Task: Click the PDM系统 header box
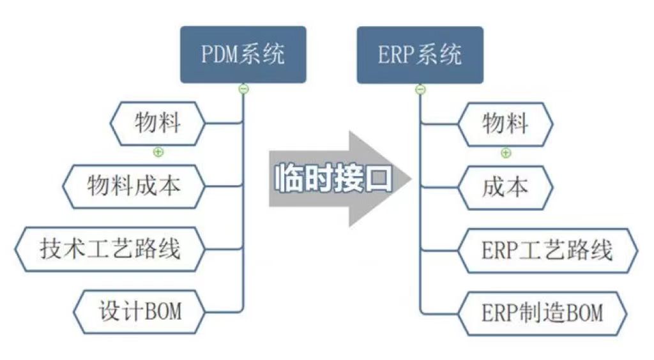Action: coord(243,54)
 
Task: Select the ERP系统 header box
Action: coord(420,54)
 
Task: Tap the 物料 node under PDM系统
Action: coord(158,123)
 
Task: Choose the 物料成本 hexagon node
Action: coord(134,186)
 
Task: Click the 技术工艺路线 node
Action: coord(110,248)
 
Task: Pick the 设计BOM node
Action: coord(140,311)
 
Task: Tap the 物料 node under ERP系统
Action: coord(505,123)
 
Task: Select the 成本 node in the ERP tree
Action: coord(505,186)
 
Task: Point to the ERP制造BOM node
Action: coord(542,313)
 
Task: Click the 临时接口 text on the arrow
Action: coord(333,179)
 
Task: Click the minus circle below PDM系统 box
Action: coord(243,89)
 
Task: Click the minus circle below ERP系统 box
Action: coord(420,89)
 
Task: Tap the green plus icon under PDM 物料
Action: coord(158,152)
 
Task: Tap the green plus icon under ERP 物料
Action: coord(505,153)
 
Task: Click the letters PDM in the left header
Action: coord(220,54)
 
